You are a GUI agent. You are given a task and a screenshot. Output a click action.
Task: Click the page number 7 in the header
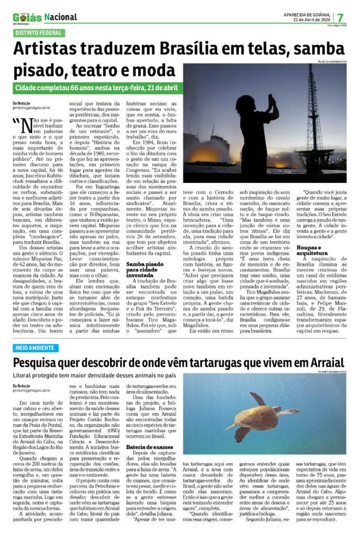[341, 17]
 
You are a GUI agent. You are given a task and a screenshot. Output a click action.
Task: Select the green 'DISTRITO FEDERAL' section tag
[39, 33]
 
